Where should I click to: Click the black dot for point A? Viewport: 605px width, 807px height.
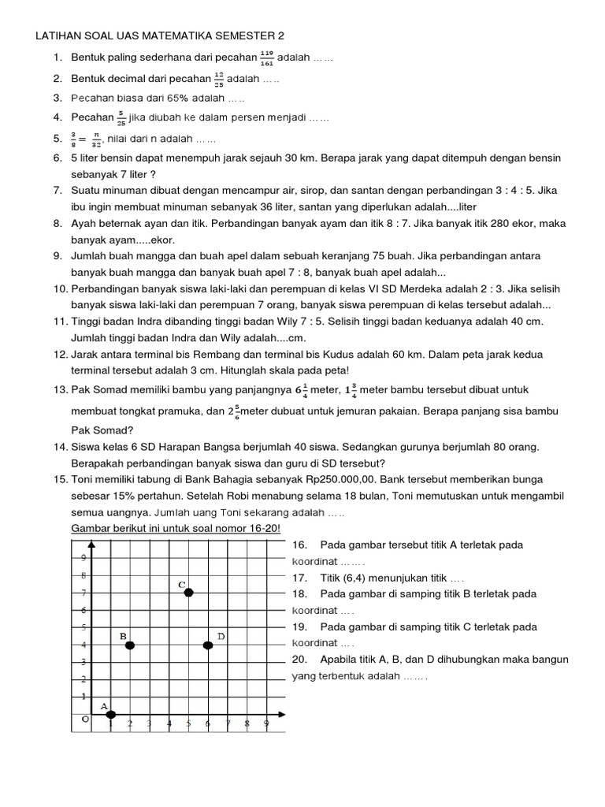pos(111,714)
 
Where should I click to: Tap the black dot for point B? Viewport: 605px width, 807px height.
pos(130,645)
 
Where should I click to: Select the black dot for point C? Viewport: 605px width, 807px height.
pos(188,592)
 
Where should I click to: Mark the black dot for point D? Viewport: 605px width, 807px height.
pos(208,645)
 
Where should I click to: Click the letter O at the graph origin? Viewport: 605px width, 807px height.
pos(85,719)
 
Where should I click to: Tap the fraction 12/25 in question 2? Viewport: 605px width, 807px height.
pos(218,80)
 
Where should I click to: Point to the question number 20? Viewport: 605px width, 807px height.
pos(300,660)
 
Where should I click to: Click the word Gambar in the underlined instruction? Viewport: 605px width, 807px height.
pos(91,527)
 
